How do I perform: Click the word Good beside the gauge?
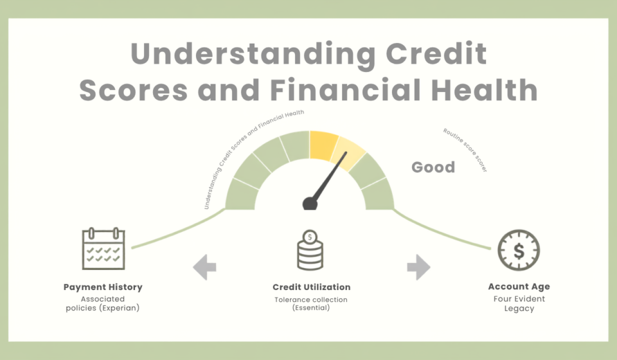click(433, 167)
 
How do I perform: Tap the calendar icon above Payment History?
click(103, 248)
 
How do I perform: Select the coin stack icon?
click(310, 250)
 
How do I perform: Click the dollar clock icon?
click(519, 250)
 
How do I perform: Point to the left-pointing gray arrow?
click(204, 267)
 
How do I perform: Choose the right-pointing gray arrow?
click(418, 267)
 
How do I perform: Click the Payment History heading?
click(103, 287)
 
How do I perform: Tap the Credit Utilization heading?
click(312, 287)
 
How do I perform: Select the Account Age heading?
click(519, 287)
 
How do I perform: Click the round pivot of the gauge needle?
click(310, 203)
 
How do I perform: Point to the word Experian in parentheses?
click(120, 308)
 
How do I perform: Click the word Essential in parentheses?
click(311, 308)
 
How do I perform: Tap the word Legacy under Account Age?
click(519, 309)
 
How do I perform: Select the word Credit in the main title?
click(436, 53)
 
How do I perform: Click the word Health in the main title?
click(485, 90)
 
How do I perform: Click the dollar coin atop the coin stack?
click(310, 237)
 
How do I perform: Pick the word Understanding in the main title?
click(253, 55)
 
